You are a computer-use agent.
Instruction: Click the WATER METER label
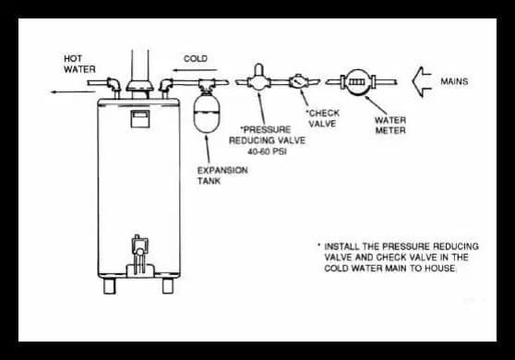[389, 125]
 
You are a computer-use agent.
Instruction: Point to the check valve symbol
[299, 80]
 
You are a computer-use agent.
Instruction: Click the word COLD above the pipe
[196, 58]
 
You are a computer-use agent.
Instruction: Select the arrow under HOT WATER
[66, 91]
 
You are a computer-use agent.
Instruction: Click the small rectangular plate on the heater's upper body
[138, 117]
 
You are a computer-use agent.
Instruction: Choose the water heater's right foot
[168, 285]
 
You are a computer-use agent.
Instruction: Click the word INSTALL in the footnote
[346, 246]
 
